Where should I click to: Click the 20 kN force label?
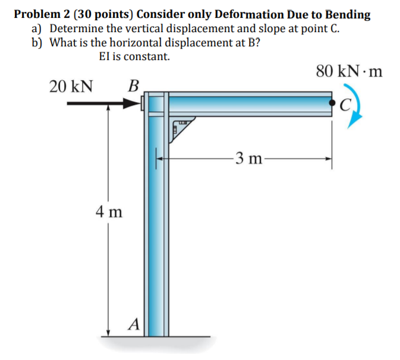(x=71, y=87)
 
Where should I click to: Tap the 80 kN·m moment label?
(x=349, y=72)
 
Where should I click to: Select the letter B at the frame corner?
(x=134, y=86)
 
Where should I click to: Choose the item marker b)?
(x=39, y=43)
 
